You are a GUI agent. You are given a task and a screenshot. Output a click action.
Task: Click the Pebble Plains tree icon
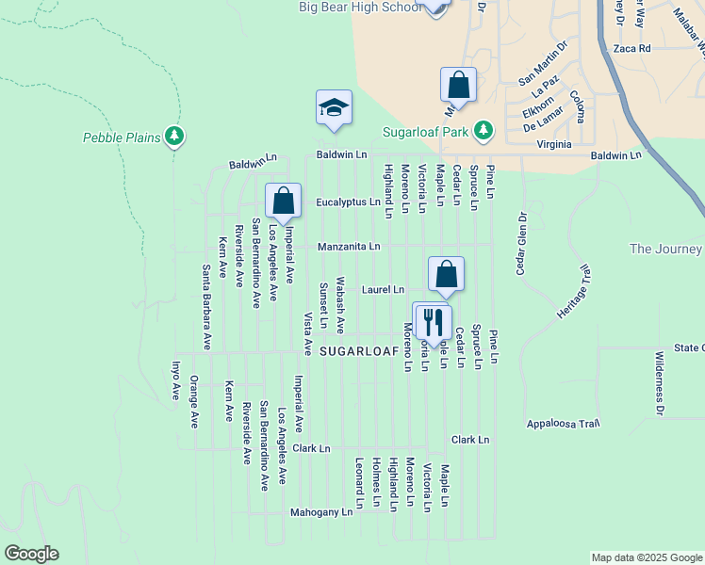173,137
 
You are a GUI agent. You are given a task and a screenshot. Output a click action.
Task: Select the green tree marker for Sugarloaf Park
484,129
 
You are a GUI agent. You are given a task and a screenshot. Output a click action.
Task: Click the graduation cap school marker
334,108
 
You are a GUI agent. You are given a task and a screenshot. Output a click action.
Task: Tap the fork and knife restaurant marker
433,320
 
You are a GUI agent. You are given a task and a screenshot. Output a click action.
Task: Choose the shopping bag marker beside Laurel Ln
447,274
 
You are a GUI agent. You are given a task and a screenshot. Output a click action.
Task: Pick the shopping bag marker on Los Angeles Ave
283,200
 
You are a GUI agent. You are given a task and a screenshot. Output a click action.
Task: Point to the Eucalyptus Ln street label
348,202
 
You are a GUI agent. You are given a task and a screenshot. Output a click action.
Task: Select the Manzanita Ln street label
349,247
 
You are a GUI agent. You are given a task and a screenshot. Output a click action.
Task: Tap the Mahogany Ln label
320,512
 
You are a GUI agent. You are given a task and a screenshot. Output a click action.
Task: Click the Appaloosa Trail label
564,423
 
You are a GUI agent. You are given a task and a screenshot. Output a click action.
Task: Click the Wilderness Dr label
660,383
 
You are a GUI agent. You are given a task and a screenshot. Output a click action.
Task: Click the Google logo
31,554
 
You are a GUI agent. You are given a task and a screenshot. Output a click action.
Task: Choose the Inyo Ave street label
175,379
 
